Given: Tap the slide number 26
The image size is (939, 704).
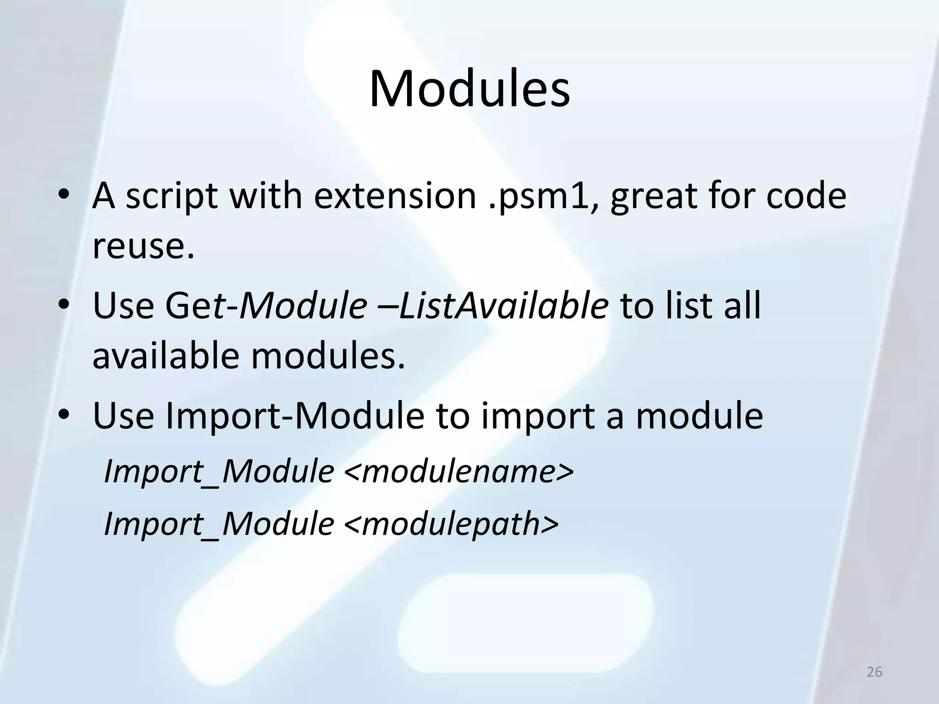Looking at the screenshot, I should click(874, 672).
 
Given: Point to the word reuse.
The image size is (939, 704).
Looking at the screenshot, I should click(144, 246).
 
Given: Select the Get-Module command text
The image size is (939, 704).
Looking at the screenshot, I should click(266, 305).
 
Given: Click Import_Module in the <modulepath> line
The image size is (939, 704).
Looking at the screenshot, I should click(219, 523).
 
